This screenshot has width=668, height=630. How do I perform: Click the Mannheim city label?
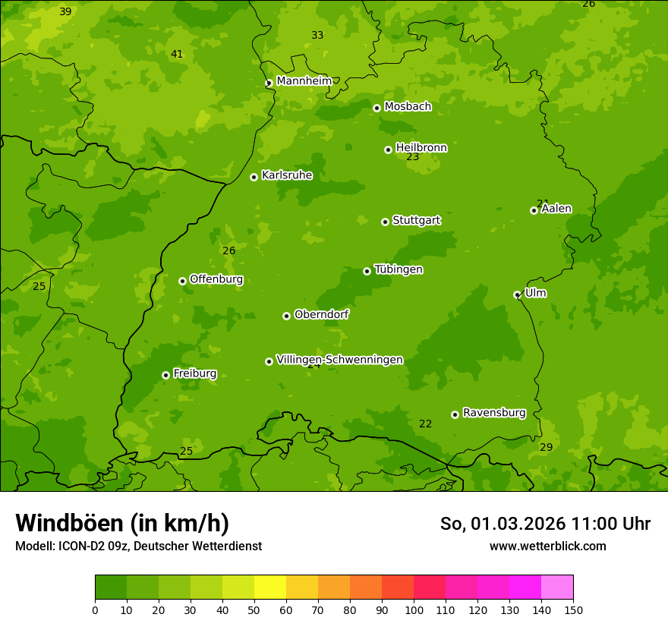[x=304, y=80]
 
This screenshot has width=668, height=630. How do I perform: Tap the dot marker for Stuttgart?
[x=385, y=222]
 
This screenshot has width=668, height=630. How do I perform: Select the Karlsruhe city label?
[x=286, y=175]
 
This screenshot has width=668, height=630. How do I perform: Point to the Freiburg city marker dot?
[x=165, y=375]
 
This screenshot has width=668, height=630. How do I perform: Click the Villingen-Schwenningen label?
[x=339, y=360]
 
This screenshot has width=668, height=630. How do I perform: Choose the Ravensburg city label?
[x=493, y=413]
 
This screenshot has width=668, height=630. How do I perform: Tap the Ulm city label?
[x=535, y=293]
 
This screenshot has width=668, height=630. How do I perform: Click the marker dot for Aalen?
[x=534, y=210]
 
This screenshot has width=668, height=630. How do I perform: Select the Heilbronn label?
[x=421, y=148]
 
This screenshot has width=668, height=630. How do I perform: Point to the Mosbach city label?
[x=407, y=107]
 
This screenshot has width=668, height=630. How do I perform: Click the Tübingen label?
[x=398, y=269]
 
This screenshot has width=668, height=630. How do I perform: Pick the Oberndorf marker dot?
[x=286, y=316]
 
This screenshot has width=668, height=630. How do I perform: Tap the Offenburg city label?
[x=216, y=279]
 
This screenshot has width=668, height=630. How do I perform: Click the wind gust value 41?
[x=177, y=54]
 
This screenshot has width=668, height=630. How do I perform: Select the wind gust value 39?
[x=65, y=11]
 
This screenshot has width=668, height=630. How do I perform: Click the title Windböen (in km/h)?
[x=121, y=523]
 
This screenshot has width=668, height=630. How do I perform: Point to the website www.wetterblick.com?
[x=547, y=546]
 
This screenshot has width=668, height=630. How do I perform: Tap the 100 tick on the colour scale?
[x=414, y=610]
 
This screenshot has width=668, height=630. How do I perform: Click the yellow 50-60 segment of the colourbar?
[x=270, y=587]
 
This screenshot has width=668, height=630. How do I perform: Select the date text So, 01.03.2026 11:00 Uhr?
[x=544, y=524]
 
